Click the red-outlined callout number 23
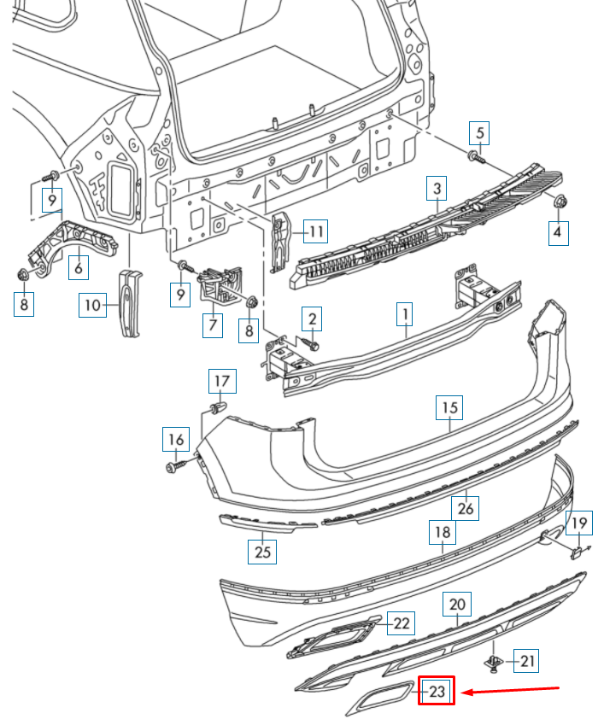pyautogui.click(x=437, y=691)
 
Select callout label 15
pyautogui.click(x=449, y=408)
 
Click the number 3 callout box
pyautogui.click(x=437, y=188)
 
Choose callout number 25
pyautogui.click(x=262, y=552)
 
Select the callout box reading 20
pyautogui.click(x=457, y=605)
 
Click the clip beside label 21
pyautogui.click(x=494, y=661)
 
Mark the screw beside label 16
pyautogui.click(x=177, y=466)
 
